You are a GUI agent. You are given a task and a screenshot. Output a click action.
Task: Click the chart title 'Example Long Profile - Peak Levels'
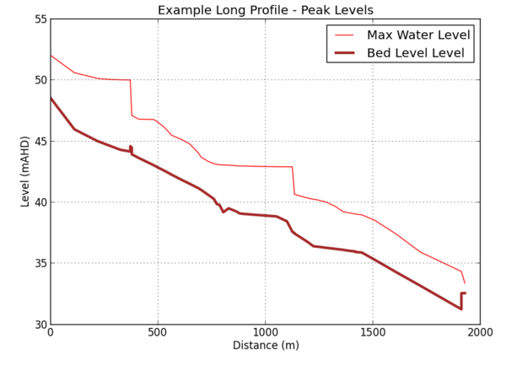[x=266, y=10]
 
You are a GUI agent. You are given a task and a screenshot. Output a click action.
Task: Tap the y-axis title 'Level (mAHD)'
[x=25, y=171]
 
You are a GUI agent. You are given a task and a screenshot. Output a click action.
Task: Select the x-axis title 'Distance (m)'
[x=266, y=346]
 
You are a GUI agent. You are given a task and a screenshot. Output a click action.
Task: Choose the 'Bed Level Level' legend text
[x=415, y=53]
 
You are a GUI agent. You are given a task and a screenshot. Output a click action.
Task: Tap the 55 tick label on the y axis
[x=40, y=19]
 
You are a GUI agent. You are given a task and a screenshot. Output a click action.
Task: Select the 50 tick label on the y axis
[x=40, y=80]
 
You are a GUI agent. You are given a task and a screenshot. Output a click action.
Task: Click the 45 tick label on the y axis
[x=40, y=141]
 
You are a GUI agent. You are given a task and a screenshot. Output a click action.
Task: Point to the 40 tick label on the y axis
[x=40, y=202]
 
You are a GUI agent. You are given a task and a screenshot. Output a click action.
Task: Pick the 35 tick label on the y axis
[x=40, y=263]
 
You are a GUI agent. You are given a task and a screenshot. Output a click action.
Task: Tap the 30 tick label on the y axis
[x=40, y=325]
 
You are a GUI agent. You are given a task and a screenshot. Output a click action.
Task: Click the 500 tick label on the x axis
[x=158, y=333]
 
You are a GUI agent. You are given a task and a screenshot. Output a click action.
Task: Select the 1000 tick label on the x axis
[x=266, y=333]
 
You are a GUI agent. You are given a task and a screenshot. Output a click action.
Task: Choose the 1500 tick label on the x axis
[x=373, y=333]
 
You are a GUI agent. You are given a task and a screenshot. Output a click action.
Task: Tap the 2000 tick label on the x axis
[x=480, y=333]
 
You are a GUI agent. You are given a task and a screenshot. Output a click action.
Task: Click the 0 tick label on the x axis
[x=51, y=333]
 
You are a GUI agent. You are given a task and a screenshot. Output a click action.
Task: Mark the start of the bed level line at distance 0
[x=51, y=99]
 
